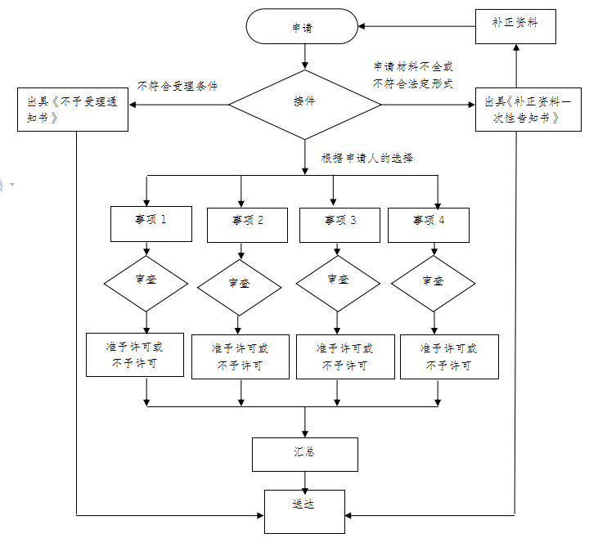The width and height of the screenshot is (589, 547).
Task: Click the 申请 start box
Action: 303,27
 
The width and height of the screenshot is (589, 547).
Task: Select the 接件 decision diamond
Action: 304,103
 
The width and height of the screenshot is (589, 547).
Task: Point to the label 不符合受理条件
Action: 178,86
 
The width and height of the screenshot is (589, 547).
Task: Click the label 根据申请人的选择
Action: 366,159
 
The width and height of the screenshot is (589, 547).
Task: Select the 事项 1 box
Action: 151,222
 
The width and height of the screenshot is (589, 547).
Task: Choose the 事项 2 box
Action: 247,222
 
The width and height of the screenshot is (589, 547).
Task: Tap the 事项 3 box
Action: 340,222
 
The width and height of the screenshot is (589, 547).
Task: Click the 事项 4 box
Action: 429,222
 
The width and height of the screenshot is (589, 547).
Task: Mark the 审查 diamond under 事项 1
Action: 146,280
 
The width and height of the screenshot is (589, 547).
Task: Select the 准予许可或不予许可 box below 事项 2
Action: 240,356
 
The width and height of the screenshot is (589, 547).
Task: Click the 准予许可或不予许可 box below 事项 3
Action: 344,356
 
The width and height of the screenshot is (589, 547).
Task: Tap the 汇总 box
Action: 304,454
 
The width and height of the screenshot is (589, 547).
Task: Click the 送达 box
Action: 304,508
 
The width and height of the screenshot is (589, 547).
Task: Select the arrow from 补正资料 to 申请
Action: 417,27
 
